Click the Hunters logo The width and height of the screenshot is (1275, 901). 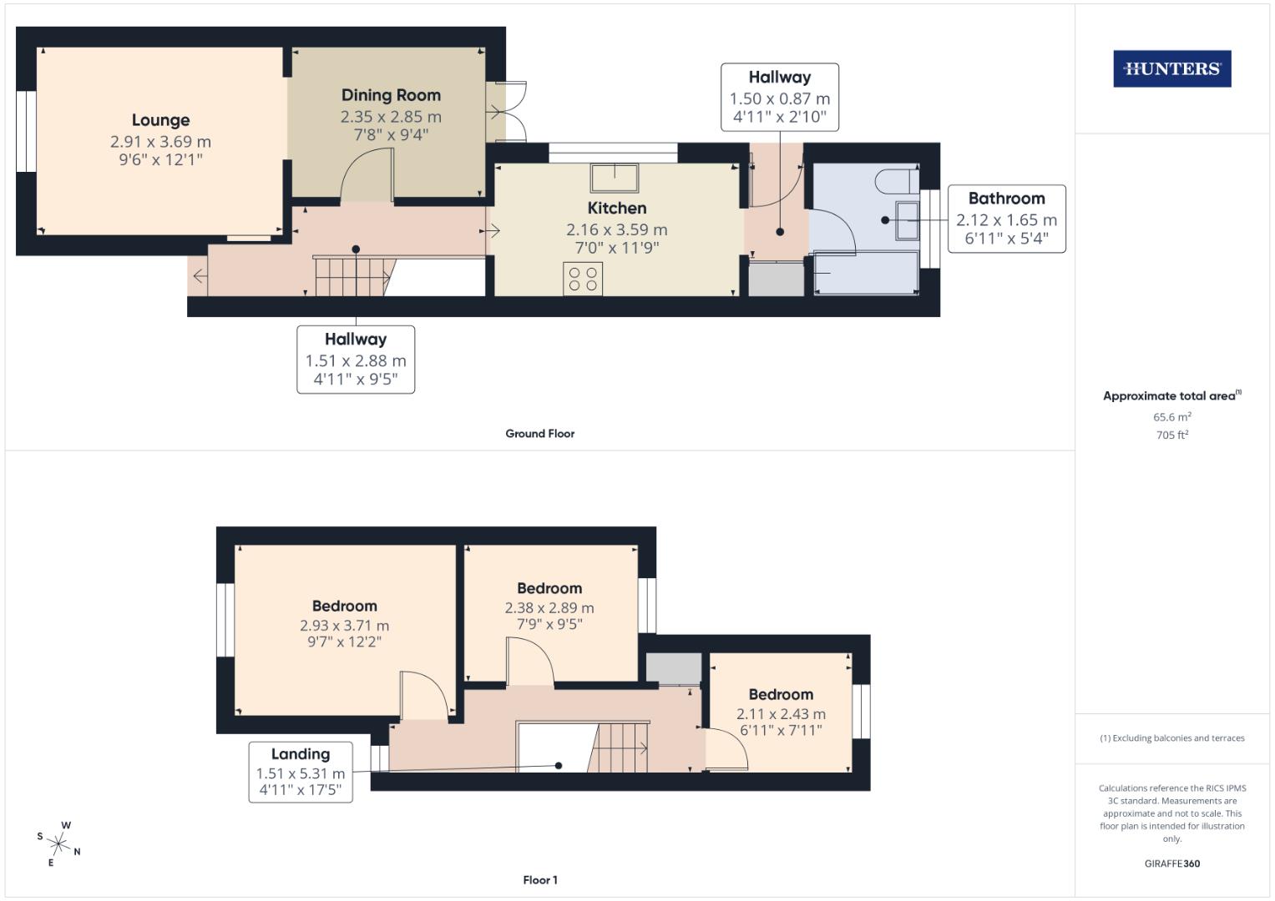pos(1171,69)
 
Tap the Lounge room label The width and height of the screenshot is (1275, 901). pos(160,120)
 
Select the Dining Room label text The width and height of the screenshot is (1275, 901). pos(391,95)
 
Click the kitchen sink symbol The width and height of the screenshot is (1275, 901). pos(616,178)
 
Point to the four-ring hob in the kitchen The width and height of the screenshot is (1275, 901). pos(583,279)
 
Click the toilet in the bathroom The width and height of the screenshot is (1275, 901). pos(898,179)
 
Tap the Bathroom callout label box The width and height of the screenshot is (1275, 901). pos(1006,219)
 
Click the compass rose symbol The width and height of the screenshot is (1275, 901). pos(60,843)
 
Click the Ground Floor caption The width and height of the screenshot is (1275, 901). pos(539,434)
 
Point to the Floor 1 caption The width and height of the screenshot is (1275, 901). pos(539,880)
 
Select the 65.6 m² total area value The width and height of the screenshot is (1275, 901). pos(1171,417)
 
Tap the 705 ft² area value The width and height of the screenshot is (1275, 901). pos(1171,435)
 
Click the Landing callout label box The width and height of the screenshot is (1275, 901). pos(301,772)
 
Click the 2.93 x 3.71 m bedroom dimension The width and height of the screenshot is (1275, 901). pos(344,626)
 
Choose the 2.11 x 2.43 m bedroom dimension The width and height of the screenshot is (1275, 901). pos(781,714)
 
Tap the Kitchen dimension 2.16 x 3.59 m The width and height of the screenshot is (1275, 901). pos(616,229)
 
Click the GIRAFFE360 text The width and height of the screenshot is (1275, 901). pos(1171,863)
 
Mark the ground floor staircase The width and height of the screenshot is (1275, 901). pos(353,276)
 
